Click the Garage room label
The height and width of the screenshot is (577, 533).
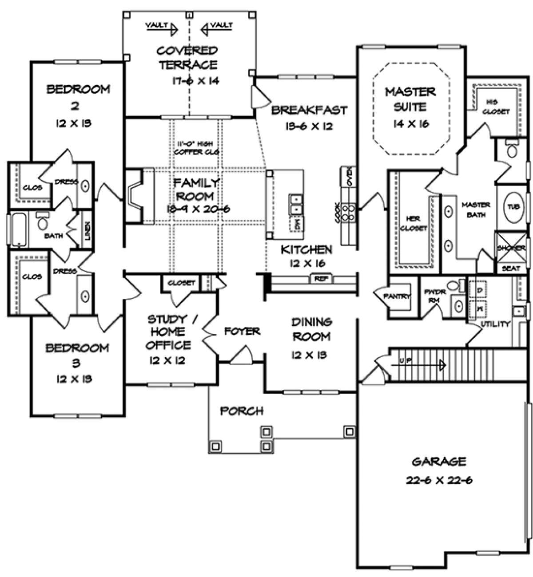(439, 462)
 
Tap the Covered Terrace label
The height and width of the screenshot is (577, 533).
(189, 58)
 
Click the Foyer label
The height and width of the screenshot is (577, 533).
(242, 331)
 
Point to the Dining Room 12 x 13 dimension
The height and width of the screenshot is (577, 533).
(311, 355)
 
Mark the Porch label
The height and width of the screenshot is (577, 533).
(242, 411)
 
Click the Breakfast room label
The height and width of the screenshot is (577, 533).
(310, 110)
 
